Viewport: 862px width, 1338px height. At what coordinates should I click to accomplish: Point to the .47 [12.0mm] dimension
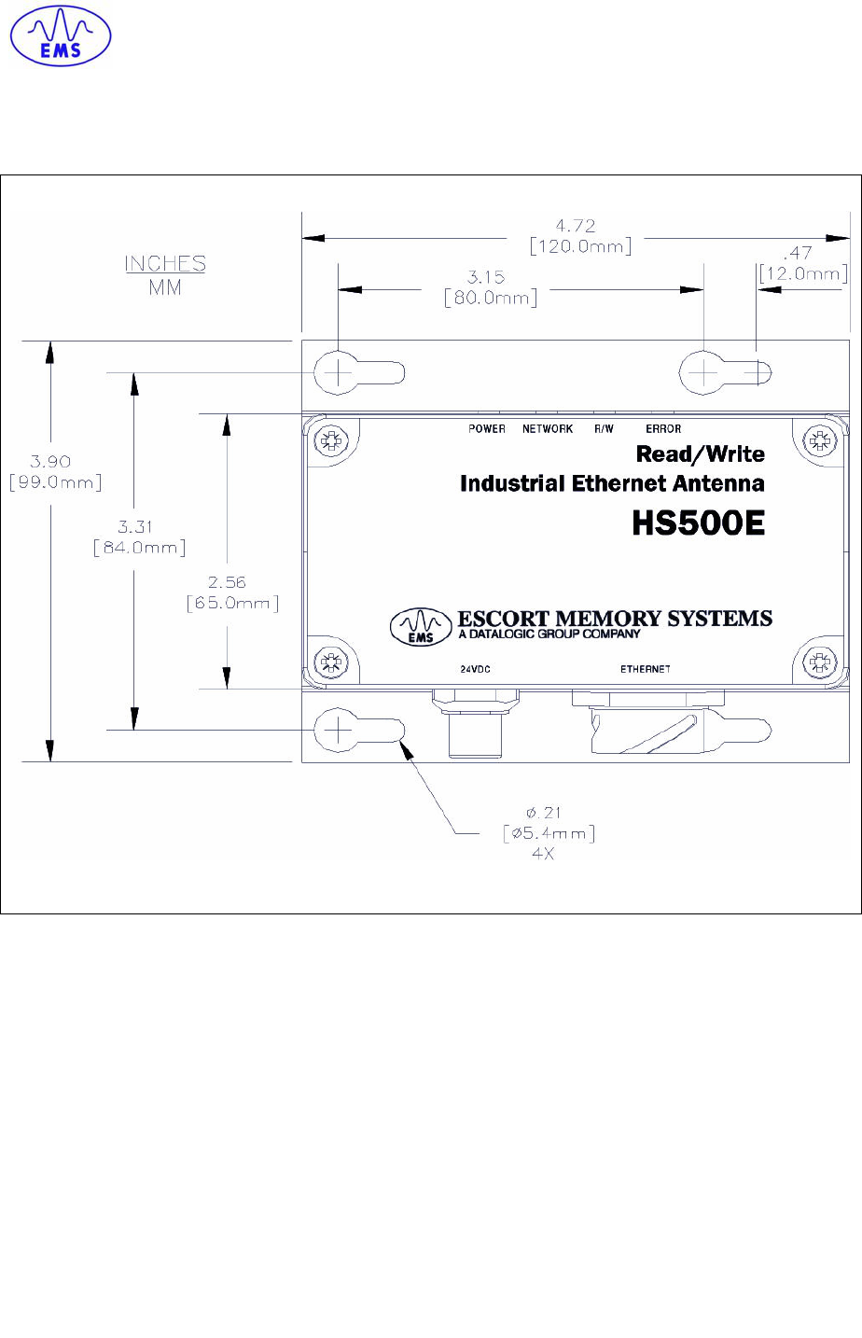[x=802, y=264]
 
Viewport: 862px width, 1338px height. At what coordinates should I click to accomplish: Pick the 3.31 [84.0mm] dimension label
[x=139, y=537]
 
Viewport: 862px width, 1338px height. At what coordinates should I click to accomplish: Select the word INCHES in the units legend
[x=165, y=264]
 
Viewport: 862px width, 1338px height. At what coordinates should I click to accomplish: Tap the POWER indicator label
[x=487, y=429]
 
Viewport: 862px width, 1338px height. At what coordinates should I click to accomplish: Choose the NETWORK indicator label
[x=548, y=429]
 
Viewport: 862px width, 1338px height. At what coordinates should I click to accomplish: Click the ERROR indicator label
[x=663, y=429]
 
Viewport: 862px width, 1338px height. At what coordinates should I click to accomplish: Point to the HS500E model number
[x=698, y=523]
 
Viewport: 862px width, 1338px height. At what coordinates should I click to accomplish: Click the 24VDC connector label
[x=475, y=669]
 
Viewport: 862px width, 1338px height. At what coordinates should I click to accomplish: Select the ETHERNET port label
[x=646, y=669]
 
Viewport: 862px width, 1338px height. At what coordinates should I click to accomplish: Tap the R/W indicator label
[x=605, y=429]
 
